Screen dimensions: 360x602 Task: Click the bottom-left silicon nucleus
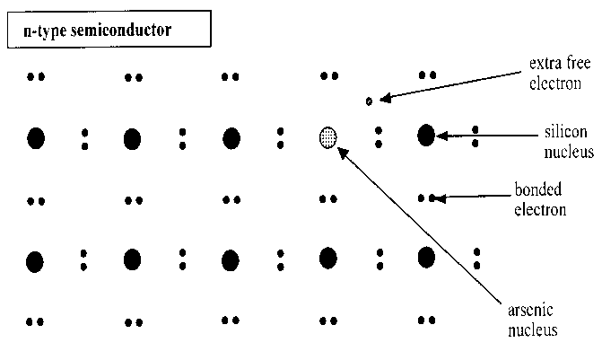[x=35, y=261]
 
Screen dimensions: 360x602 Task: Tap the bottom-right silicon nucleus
[x=426, y=258]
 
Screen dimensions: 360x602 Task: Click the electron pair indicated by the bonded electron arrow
[x=428, y=197]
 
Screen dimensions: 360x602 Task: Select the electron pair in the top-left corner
[x=36, y=77]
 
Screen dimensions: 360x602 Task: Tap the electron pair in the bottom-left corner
[x=36, y=321]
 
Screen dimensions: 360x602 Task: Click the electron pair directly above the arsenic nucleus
[x=328, y=77]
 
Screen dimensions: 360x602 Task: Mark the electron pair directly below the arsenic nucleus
[x=328, y=198]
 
